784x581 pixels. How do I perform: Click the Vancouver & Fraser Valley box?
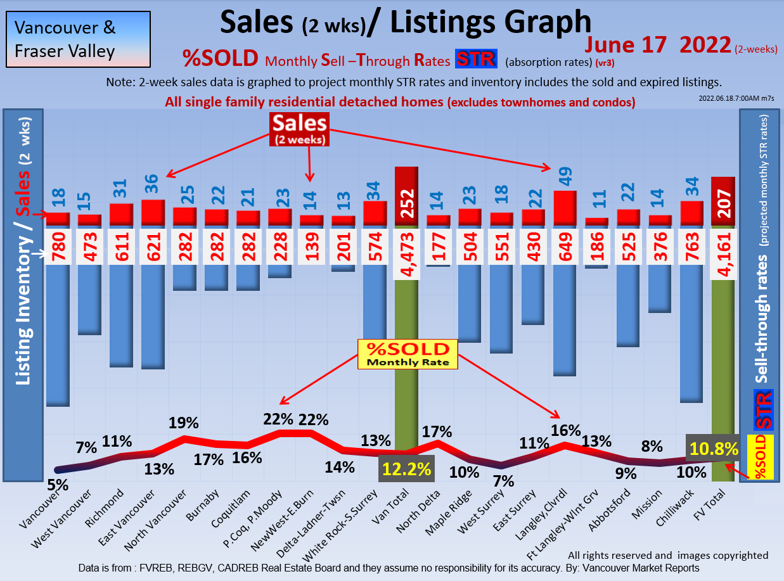coord(78,39)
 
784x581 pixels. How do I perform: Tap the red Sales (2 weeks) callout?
coord(299,129)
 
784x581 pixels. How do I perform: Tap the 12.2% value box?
coord(406,469)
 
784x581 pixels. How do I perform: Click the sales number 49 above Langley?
coord(565,174)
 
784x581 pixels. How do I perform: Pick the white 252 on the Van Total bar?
coord(406,203)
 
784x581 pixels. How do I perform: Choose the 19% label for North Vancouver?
coord(184,423)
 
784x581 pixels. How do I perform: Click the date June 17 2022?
coord(658,45)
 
